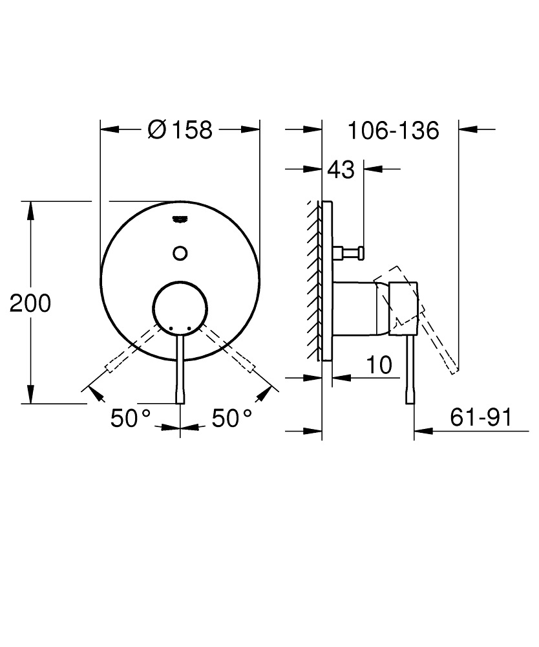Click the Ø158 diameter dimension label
tap(180, 130)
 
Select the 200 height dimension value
tap(30, 303)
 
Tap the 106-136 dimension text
tap(393, 130)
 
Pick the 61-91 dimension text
tap(480, 418)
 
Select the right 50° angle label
tap(233, 419)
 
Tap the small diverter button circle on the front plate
tap(180, 252)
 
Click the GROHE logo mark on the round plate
tap(180, 219)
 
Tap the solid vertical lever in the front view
tap(180, 369)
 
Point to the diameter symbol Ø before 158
tap(157, 130)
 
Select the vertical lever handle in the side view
tap(410, 369)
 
